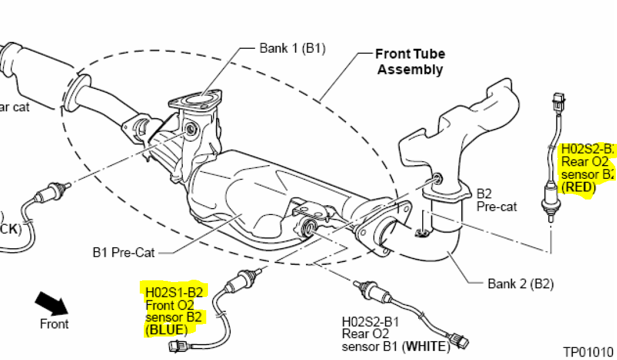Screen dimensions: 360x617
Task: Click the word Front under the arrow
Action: coord(54,324)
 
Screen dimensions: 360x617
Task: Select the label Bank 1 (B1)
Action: coord(292,48)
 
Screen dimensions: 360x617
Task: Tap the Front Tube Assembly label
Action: coord(410,62)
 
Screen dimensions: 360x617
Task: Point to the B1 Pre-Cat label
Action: coord(124,252)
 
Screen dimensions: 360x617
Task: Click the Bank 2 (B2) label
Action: coord(520,283)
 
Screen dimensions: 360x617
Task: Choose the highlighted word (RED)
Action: coord(579,187)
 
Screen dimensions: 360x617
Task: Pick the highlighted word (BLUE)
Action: coord(167,330)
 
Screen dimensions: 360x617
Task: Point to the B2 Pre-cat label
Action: coord(497,200)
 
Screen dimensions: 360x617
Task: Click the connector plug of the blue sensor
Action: coord(177,346)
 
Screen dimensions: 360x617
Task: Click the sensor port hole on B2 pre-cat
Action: coord(437,178)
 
